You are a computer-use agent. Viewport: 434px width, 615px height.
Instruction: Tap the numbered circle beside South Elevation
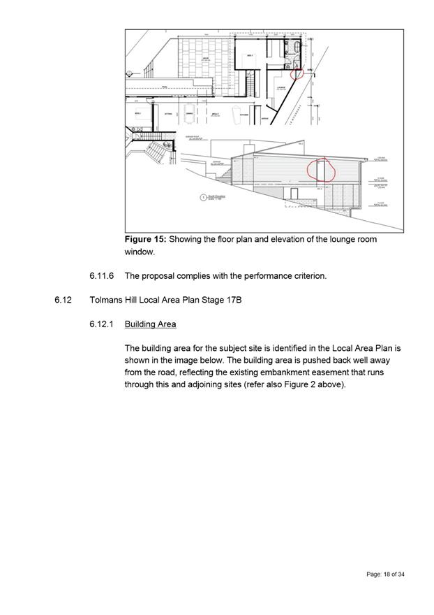[x=202, y=198]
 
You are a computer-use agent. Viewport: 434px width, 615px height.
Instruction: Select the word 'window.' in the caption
[x=140, y=252]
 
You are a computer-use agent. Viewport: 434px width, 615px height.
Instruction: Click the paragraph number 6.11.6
[x=102, y=276]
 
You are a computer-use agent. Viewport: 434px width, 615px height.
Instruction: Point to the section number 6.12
[x=63, y=301]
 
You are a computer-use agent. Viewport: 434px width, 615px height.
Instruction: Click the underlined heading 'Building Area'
[x=150, y=324]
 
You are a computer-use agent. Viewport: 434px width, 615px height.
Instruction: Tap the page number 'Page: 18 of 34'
[x=385, y=574]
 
